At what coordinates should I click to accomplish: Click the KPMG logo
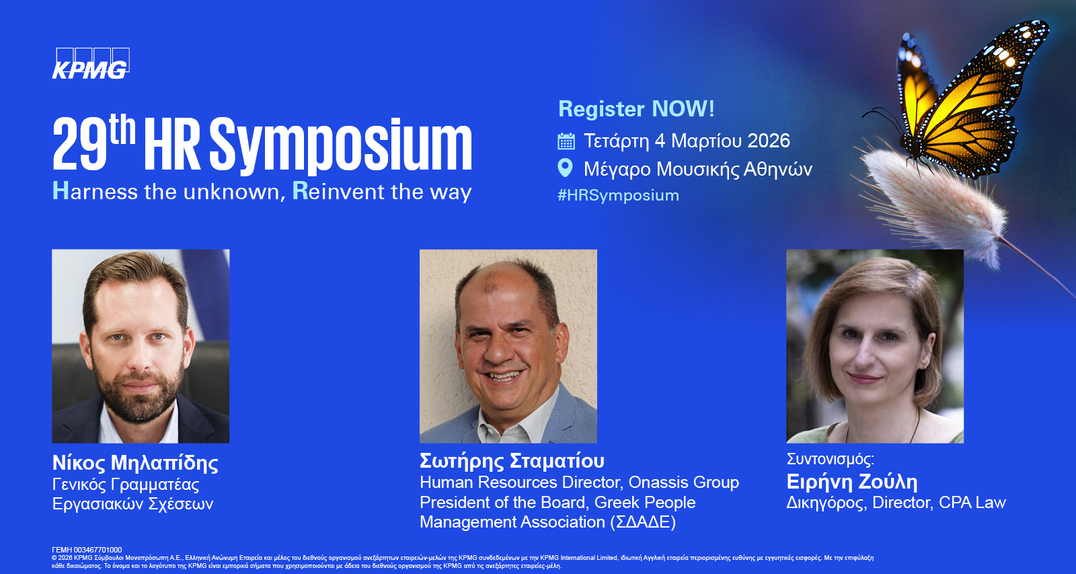point(91,63)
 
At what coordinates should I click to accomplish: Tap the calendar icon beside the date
point(566,141)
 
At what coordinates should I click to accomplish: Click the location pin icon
point(566,168)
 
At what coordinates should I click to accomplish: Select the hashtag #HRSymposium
point(618,195)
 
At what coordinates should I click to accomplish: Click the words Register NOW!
point(636,108)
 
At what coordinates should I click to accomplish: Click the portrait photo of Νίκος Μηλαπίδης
point(141,346)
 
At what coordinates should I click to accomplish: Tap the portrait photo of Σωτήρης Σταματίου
point(508,346)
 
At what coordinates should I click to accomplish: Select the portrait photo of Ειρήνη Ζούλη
point(875,346)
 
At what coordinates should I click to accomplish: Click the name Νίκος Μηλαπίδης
point(135,463)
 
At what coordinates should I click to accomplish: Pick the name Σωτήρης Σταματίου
point(512,461)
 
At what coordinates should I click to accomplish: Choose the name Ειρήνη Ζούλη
point(851,482)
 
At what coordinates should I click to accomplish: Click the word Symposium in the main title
point(340,146)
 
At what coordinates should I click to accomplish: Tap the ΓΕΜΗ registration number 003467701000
point(98,550)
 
